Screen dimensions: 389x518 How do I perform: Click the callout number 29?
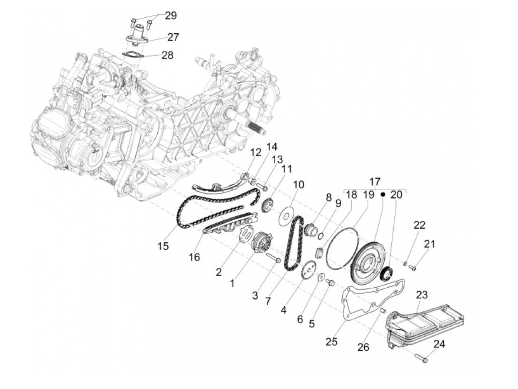tap(171, 16)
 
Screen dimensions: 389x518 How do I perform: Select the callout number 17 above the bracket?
tap(375, 182)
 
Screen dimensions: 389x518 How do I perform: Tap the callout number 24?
tap(439, 344)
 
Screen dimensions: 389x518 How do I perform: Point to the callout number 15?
tap(163, 246)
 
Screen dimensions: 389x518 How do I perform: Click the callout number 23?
tap(422, 295)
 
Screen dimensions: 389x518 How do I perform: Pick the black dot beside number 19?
tap(383, 194)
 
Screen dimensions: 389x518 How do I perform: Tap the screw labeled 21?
tap(413, 267)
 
